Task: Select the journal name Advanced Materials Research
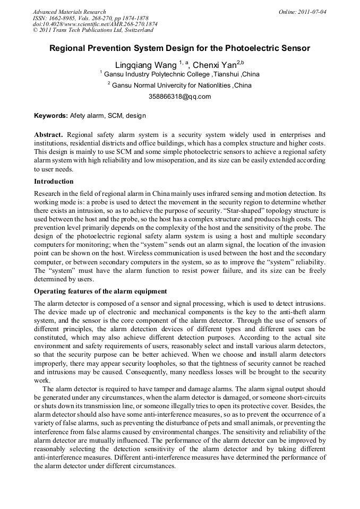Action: click(x=69, y=12)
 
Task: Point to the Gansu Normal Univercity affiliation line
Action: click(x=179, y=85)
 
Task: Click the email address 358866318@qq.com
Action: click(x=179, y=97)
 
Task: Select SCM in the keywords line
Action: click(x=115, y=115)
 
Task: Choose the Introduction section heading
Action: click(x=54, y=182)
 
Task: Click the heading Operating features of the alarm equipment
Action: click(x=100, y=291)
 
